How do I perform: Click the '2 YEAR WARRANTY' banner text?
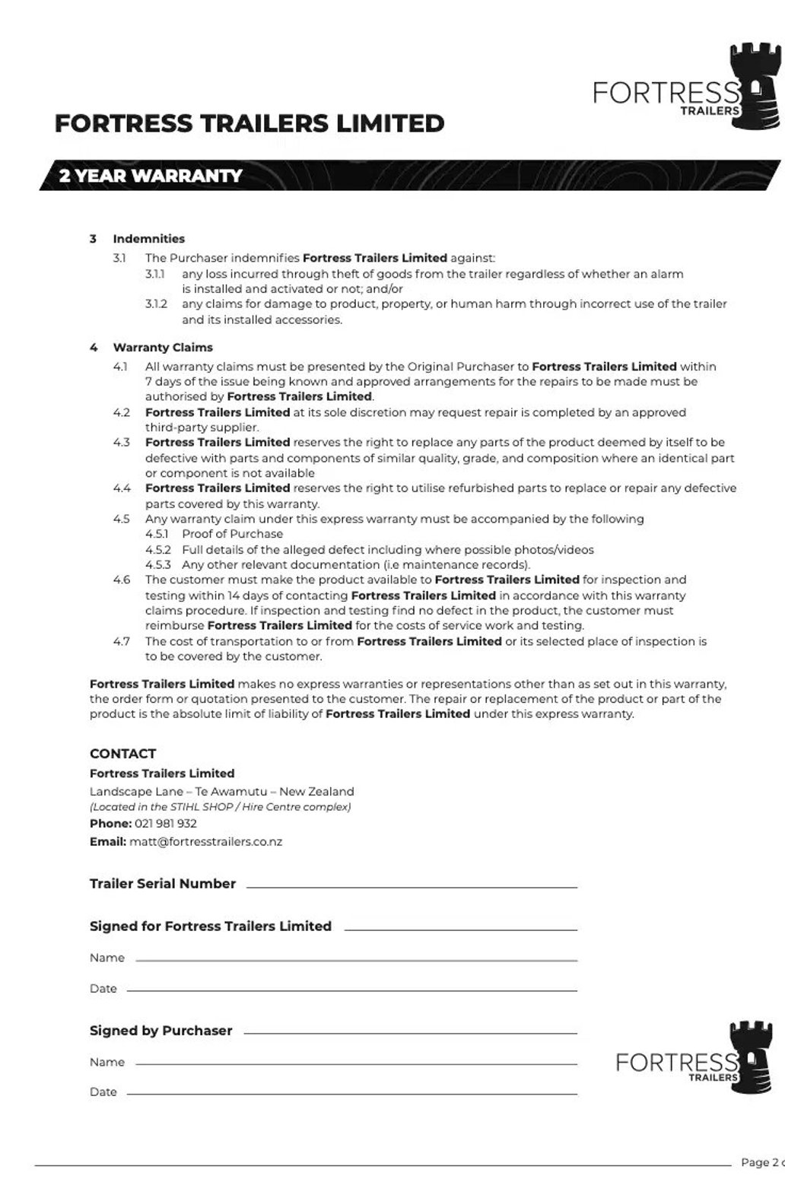pyautogui.click(x=151, y=176)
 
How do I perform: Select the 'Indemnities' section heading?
pyautogui.click(x=148, y=239)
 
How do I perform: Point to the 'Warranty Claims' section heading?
pyautogui.click(x=163, y=348)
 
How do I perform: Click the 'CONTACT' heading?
pyautogui.click(x=122, y=754)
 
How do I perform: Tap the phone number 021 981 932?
pyautogui.click(x=166, y=824)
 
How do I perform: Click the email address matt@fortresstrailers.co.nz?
pyautogui.click(x=205, y=842)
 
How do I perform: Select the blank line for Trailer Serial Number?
pyautogui.click(x=412, y=886)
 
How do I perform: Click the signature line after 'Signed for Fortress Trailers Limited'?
pyautogui.click(x=460, y=929)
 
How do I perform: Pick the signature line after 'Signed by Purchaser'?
pyautogui.click(x=411, y=1033)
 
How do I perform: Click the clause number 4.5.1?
pyautogui.click(x=157, y=534)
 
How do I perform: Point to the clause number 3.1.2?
pyautogui.click(x=156, y=304)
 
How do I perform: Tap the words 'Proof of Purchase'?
pyautogui.click(x=232, y=534)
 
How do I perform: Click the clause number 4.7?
pyautogui.click(x=122, y=641)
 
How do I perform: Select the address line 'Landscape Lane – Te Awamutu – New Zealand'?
pyautogui.click(x=221, y=791)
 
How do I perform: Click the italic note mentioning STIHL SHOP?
pyautogui.click(x=220, y=807)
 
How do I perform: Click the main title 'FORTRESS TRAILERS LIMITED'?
pyautogui.click(x=249, y=123)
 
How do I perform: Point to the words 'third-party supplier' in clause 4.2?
pyautogui.click(x=202, y=427)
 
